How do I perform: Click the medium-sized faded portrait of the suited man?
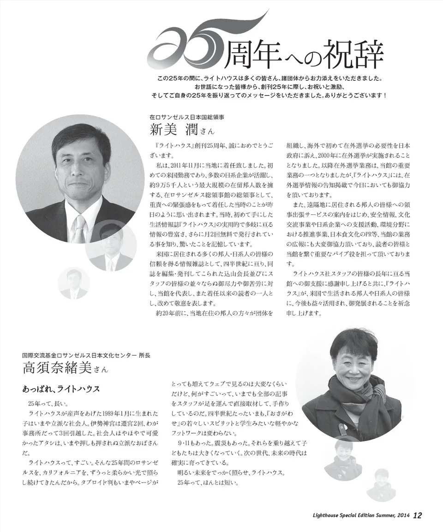(x=111, y=247)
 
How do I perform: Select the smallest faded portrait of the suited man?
(x=74, y=283)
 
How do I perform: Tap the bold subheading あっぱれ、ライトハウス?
(x=61, y=389)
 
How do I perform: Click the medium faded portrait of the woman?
(x=343, y=460)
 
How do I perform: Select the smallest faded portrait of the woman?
(x=381, y=485)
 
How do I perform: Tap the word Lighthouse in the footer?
(x=316, y=515)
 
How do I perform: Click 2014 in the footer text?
(x=402, y=515)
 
